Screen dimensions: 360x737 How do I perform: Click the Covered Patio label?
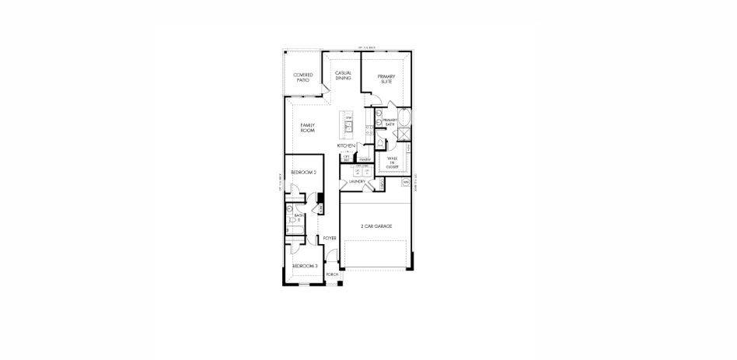303,78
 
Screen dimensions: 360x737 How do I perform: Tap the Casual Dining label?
344,75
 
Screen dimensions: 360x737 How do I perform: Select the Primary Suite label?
387,78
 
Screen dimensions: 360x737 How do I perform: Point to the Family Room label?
306,128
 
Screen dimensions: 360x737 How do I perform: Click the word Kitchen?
346,146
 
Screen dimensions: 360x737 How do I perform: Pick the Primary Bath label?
390,121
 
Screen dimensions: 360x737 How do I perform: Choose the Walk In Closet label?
393,163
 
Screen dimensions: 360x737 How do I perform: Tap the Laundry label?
358,181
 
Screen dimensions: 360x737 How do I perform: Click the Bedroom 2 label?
303,172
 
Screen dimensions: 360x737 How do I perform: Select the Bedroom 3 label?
305,266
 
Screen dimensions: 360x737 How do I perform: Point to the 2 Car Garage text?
376,226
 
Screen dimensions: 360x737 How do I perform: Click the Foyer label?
330,238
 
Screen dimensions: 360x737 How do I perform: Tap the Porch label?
332,274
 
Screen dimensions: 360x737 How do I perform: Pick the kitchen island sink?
349,126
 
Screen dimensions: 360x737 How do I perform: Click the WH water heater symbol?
406,182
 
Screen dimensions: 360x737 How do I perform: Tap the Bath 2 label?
288,217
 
